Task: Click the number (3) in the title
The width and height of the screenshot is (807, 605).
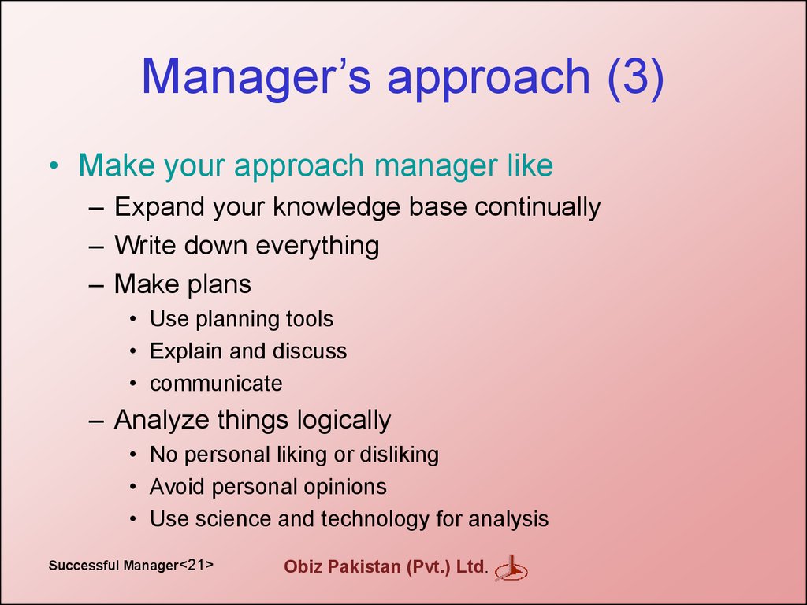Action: (636, 76)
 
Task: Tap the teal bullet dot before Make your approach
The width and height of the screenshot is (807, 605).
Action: (54, 165)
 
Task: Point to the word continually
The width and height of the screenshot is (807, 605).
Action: (537, 207)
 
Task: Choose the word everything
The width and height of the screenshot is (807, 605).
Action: (318, 246)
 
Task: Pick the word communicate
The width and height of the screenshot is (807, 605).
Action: (216, 384)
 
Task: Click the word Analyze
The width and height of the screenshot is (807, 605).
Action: (162, 420)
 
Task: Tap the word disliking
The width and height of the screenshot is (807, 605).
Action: (399, 455)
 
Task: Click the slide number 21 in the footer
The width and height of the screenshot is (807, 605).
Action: (196, 565)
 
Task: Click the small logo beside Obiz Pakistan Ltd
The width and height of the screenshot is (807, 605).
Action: (511, 568)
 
